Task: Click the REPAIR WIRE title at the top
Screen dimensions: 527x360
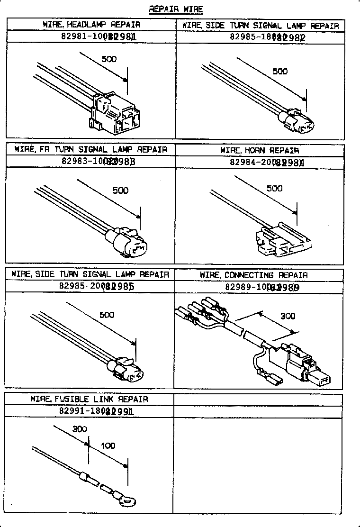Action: click(176, 9)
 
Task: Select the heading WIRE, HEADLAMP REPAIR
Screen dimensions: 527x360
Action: click(91, 24)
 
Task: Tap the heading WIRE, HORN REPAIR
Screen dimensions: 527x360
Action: click(260, 150)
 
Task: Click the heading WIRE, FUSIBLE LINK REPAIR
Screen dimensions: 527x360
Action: click(89, 399)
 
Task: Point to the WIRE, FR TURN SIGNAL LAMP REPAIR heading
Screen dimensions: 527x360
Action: click(91, 149)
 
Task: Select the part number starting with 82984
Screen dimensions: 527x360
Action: click(260, 162)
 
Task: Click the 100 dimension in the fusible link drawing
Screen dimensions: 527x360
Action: click(108, 446)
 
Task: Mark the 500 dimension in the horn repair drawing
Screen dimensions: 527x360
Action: click(274, 188)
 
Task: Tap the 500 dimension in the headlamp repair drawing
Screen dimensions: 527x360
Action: click(109, 59)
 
